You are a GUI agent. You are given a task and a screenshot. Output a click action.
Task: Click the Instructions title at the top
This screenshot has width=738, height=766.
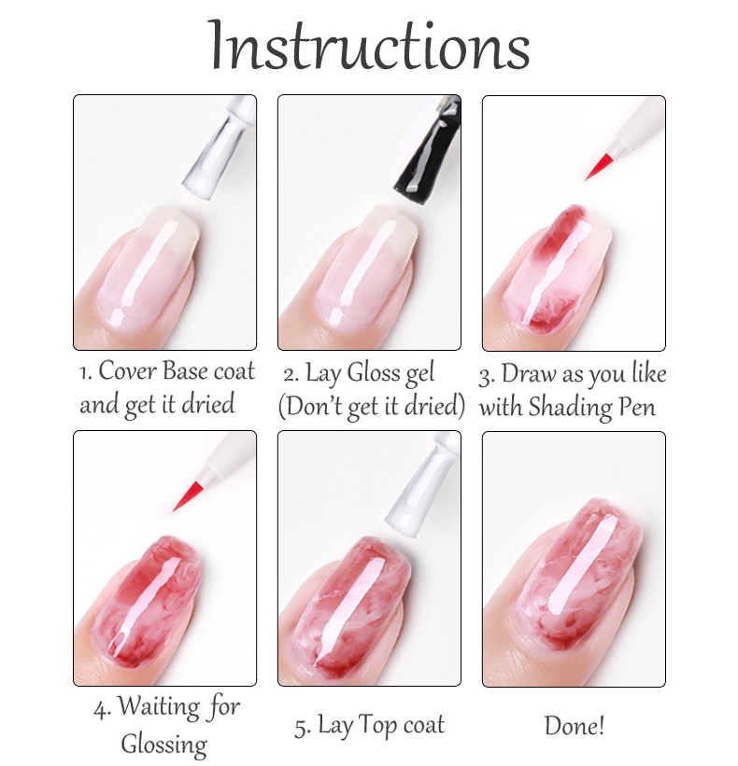point(370,46)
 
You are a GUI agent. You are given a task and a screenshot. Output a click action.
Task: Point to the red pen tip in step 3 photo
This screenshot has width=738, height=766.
point(599,167)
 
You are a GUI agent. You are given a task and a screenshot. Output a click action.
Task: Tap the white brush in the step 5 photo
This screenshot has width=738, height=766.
point(423,484)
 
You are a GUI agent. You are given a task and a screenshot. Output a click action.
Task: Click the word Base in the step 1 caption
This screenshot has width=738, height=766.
point(185,371)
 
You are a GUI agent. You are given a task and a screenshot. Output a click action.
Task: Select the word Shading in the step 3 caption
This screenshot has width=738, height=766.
point(570,407)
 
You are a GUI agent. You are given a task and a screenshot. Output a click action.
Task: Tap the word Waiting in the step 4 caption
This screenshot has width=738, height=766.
point(159,707)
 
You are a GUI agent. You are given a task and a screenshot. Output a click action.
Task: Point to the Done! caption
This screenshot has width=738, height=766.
point(575,726)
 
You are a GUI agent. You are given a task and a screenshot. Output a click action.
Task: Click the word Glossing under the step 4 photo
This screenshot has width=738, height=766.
point(163,745)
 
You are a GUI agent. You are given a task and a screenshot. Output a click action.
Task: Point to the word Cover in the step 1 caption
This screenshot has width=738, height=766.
point(128,371)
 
